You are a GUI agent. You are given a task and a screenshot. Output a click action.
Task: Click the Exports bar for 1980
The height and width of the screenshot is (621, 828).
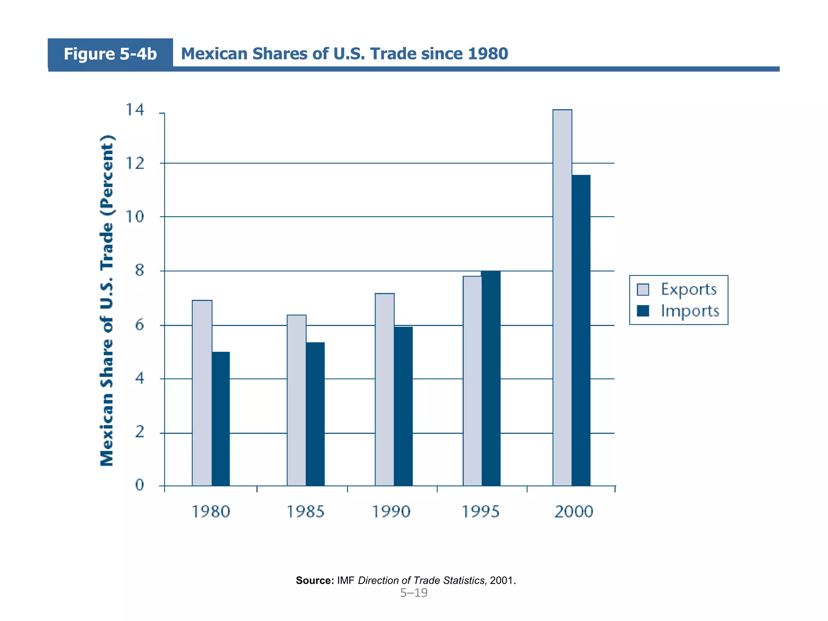tap(202, 393)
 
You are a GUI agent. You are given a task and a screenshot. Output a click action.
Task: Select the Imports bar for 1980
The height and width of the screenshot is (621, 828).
tap(221, 418)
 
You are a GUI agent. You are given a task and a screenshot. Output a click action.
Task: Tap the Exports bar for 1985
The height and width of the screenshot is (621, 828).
tap(296, 400)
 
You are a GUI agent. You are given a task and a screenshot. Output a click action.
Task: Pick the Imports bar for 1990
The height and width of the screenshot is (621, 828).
tap(403, 406)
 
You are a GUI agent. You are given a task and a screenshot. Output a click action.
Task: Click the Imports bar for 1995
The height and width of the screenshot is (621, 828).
tap(491, 378)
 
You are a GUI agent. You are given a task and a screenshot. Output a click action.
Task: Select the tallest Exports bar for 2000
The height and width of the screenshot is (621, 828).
tap(562, 298)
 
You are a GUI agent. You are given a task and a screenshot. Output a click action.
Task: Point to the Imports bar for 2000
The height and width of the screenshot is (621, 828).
tap(581, 330)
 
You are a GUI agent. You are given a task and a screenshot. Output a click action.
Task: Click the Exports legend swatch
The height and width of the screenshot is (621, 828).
tap(643, 289)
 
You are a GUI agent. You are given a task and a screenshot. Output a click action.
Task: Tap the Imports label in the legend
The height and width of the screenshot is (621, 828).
tap(690, 311)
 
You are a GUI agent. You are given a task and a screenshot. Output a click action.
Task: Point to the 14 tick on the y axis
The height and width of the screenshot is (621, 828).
tap(135, 110)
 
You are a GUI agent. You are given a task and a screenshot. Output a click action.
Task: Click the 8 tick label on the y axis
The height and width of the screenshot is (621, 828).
tap(139, 270)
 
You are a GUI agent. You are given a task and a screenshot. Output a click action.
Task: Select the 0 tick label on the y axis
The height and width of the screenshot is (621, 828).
tap(139, 485)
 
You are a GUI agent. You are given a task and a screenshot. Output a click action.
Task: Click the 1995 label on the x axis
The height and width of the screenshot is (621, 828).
tap(481, 512)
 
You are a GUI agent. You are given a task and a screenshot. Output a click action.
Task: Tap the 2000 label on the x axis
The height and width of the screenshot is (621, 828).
tap(573, 512)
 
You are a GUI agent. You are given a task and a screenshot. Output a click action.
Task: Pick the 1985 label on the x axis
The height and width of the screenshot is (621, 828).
tap(305, 512)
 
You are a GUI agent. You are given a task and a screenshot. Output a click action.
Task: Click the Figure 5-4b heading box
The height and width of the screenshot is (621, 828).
tap(110, 54)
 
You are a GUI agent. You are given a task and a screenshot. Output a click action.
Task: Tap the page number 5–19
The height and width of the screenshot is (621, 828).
tap(414, 593)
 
